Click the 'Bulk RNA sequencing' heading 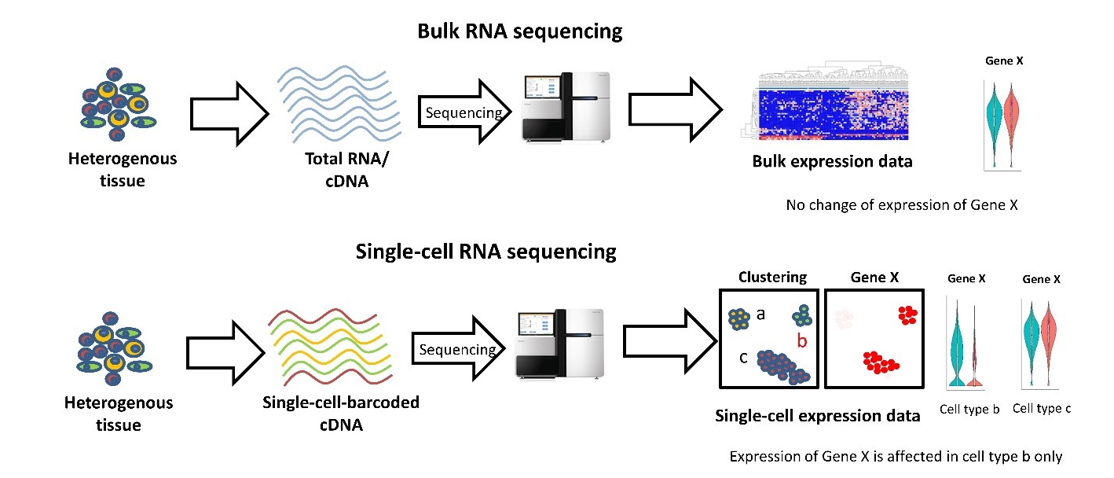[519, 31]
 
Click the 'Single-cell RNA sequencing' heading [486, 252]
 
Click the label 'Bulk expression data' [832, 162]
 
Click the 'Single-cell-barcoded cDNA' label [340, 413]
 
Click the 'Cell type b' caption [969, 409]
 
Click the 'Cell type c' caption [1042, 408]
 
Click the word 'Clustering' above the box [772, 278]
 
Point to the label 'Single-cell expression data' [817, 416]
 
